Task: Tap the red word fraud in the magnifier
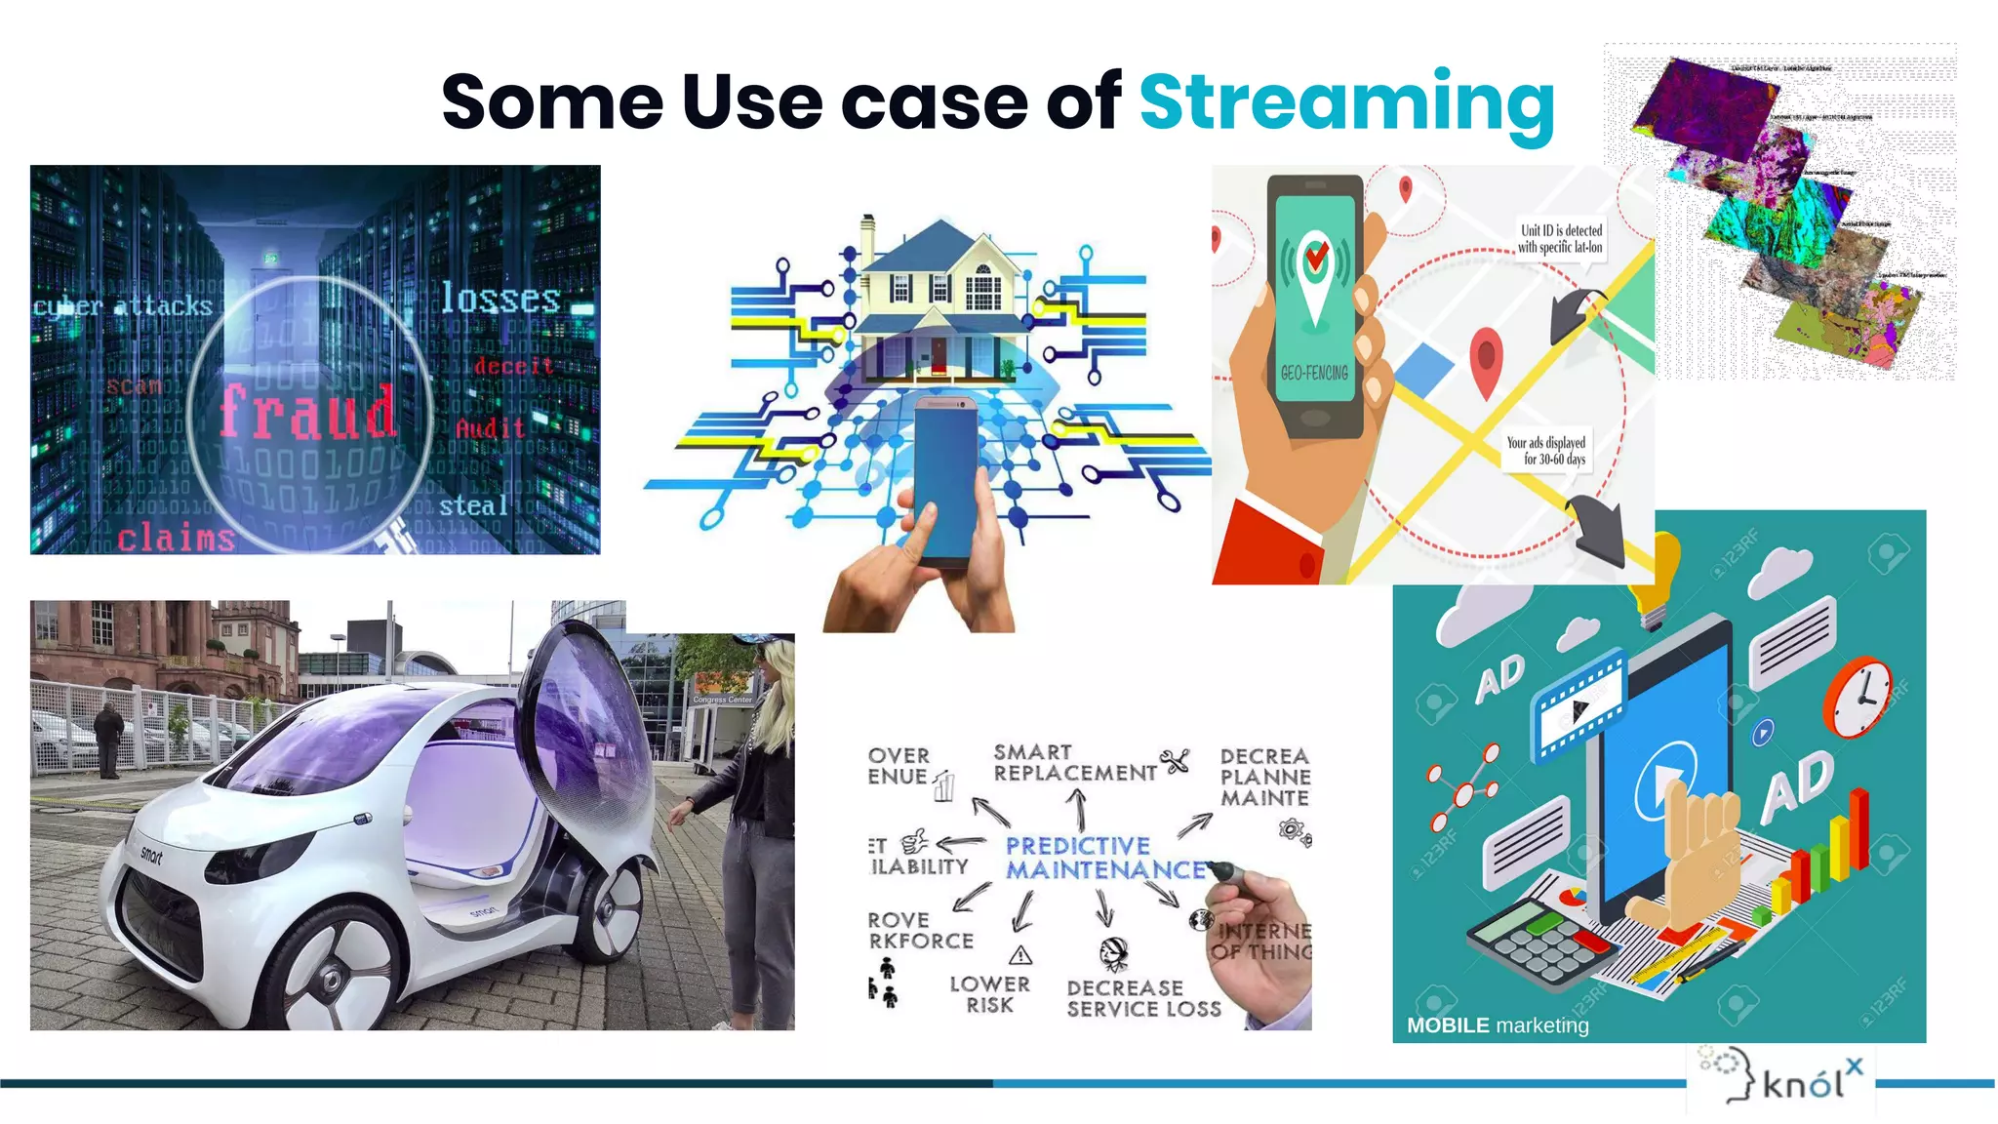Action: [x=307, y=412]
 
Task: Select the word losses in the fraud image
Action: [x=500, y=299]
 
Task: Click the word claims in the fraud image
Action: [x=176, y=538]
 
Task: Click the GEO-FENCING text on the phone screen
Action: [x=1314, y=373]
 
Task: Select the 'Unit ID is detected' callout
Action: [x=1560, y=238]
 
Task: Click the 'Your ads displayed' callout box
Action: [x=1545, y=451]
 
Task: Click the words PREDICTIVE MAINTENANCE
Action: [x=1104, y=859]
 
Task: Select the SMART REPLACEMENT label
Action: [x=1074, y=763]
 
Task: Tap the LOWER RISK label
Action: [x=989, y=994]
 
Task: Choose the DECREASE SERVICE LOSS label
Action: [x=1142, y=999]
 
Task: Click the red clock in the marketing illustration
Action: [x=1858, y=697]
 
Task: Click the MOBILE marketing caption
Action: [x=1497, y=1025]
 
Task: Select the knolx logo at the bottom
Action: [x=1781, y=1079]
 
